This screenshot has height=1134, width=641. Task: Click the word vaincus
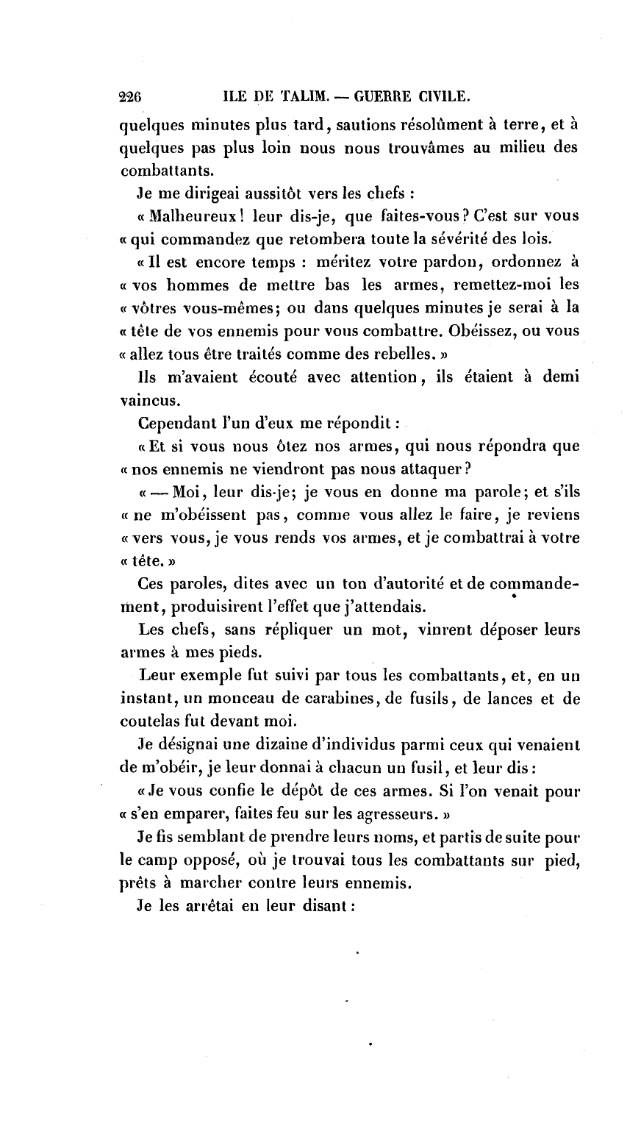[x=145, y=401]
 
